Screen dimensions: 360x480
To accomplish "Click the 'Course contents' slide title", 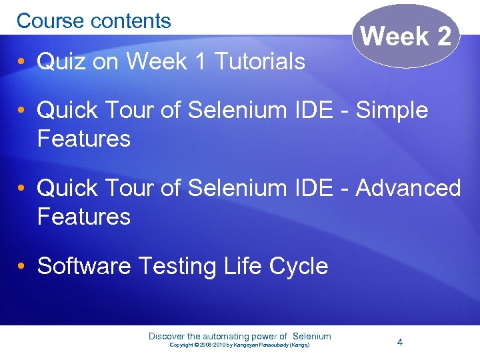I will pos(94,21).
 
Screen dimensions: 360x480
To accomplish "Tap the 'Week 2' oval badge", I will pos(406,36).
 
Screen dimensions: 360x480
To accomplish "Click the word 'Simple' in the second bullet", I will pos(392,110).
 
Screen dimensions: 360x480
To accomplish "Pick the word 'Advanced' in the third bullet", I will pos(408,188).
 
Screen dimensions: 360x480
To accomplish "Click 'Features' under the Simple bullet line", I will pos(84,139).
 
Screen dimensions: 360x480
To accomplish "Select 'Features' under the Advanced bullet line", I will pos(84,217).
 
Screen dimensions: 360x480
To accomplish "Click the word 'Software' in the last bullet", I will pos(84,266).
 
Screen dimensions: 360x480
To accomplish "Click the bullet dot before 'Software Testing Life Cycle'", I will pos(22,267).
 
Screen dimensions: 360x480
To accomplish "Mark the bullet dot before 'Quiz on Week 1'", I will pos(22,62).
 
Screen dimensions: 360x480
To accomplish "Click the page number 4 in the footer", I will pos(399,342).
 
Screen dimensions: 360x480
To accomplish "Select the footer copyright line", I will pos(239,345).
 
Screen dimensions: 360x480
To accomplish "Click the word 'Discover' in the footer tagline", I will pos(167,336).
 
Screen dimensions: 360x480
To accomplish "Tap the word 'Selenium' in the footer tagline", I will pos(312,336).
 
